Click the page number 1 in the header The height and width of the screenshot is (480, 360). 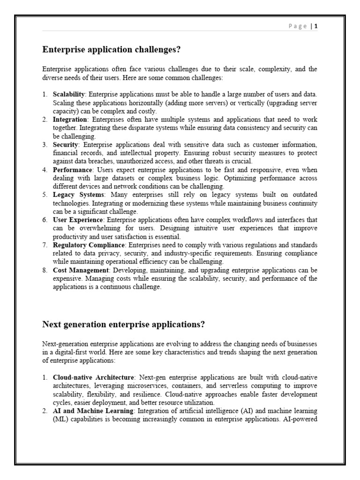(x=316, y=26)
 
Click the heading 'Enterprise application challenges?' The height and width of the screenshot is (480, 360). (x=112, y=49)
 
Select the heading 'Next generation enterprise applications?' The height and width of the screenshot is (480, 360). (x=124, y=324)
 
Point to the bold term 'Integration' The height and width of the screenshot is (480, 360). (x=67, y=120)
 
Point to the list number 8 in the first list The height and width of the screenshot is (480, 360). (x=45, y=270)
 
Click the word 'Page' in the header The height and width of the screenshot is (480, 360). (x=297, y=26)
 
